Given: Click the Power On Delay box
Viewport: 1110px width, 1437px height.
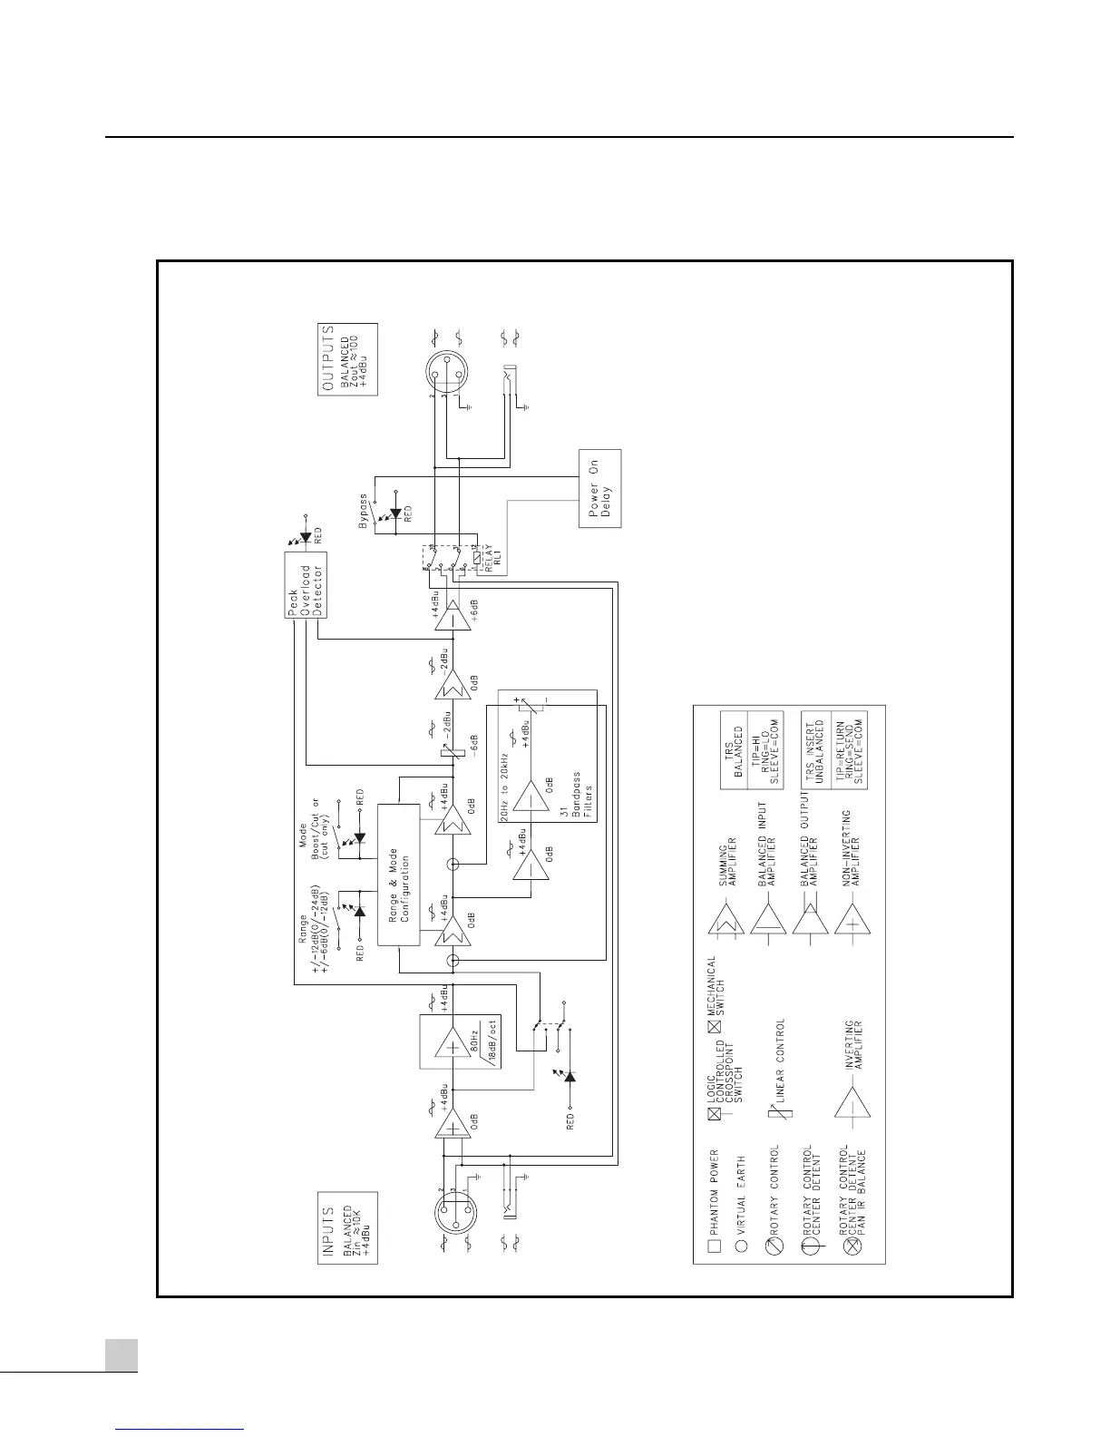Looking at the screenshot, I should pos(599,489).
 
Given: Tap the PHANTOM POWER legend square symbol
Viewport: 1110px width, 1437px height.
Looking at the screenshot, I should pos(715,1246).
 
